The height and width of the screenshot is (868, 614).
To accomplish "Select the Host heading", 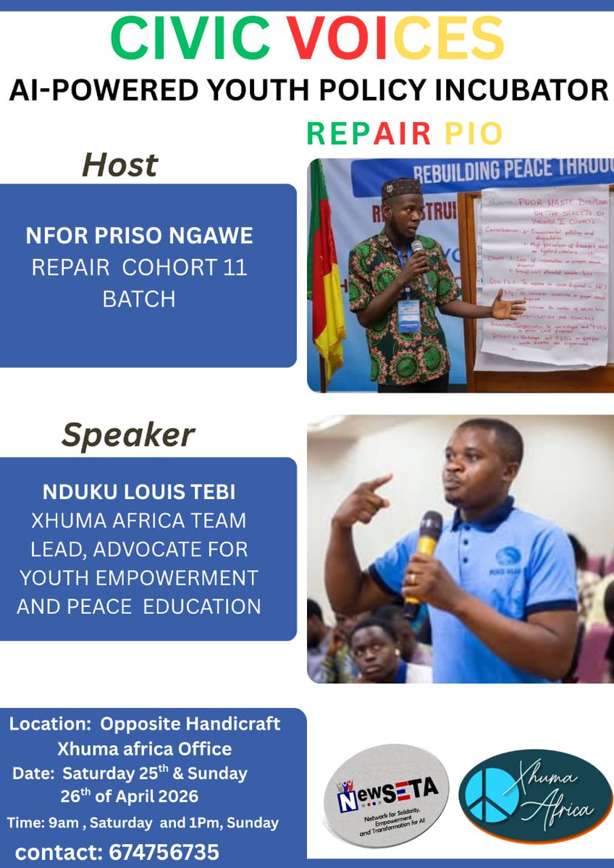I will pos(119,165).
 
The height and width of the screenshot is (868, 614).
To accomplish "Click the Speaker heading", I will pos(128,435).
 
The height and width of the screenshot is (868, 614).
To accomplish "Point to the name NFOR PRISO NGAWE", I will pos(139,235).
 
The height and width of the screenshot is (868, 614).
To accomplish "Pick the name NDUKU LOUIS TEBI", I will pos(139,493).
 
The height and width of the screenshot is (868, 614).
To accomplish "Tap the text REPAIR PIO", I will pos(404,133).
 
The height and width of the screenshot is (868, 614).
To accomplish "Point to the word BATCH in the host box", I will pos(139,299).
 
